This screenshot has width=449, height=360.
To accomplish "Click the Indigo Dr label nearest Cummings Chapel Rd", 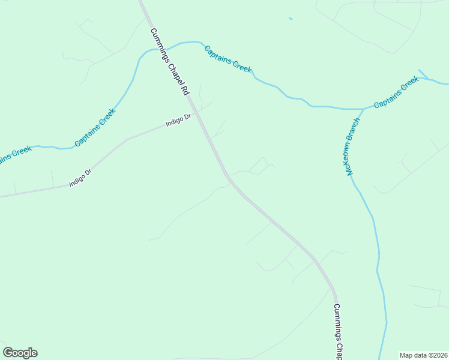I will click(178, 121).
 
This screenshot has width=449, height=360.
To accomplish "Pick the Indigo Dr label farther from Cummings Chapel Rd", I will click(80, 178).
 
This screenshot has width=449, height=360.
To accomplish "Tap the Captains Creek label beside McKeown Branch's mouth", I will click(396, 92).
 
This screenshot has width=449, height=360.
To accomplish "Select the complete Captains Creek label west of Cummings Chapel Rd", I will click(95, 127).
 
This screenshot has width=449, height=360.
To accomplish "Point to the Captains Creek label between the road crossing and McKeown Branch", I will click(228, 59).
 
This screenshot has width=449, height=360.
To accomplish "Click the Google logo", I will click(20, 353).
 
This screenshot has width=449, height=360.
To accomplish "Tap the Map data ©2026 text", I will click(423, 355).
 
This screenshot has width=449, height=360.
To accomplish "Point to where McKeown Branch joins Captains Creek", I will click(363, 109).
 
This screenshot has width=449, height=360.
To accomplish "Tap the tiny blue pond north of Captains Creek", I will click(291, 19).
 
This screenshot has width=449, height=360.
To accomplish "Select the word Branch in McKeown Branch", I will click(355, 131).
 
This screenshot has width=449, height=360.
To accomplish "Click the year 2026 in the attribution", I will click(439, 355).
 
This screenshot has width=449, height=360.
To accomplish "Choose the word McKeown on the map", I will click(349, 158).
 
